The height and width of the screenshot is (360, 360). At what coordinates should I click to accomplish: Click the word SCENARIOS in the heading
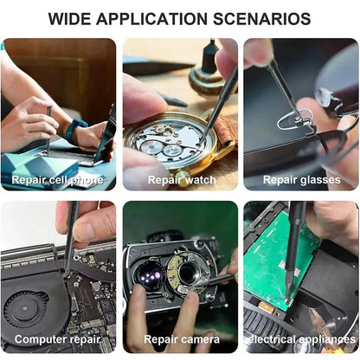click(x=261, y=19)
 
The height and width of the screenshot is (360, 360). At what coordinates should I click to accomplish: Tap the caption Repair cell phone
click(x=57, y=180)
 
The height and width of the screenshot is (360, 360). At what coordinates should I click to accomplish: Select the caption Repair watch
click(x=182, y=180)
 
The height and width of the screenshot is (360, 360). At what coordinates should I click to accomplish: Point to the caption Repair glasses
click(x=302, y=180)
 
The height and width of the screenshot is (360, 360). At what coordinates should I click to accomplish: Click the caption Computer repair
click(x=57, y=339)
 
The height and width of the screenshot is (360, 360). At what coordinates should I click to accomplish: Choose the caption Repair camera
click(x=182, y=339)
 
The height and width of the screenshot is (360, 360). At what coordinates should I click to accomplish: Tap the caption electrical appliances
click(x=302, y=339)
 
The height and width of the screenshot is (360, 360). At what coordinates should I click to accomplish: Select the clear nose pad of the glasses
click(x=292, y=119)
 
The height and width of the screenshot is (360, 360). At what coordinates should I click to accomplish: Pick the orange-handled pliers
click(x=323, y=320)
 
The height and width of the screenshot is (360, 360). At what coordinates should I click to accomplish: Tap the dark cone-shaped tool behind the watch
click(x=208, y=59)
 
